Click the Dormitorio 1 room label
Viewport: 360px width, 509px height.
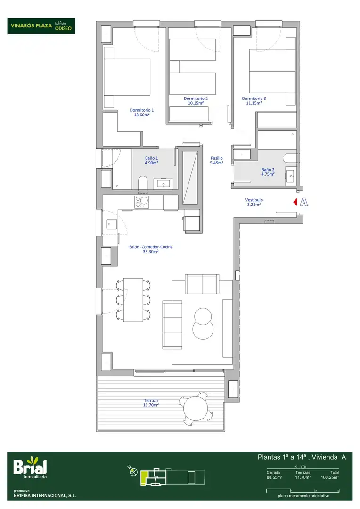141,110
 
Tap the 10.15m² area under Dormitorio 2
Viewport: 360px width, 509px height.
196,103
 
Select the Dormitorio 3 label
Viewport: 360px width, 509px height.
254,99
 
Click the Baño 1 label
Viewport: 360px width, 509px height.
151,158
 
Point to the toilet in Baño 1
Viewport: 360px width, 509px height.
142,183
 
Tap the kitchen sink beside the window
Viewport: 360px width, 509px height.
112,224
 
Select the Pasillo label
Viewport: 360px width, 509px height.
217,158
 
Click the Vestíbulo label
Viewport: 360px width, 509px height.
254,200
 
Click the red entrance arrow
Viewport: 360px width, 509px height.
295,202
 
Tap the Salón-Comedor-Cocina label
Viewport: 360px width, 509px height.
151,247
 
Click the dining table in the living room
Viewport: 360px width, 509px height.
133,300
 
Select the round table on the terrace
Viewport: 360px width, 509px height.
196,408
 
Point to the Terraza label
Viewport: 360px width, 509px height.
151,401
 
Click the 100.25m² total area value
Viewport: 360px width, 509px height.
330,477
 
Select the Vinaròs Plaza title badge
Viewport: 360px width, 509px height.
41,26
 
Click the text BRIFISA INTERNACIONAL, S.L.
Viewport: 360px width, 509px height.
45,496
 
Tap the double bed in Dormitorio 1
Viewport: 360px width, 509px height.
127,77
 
